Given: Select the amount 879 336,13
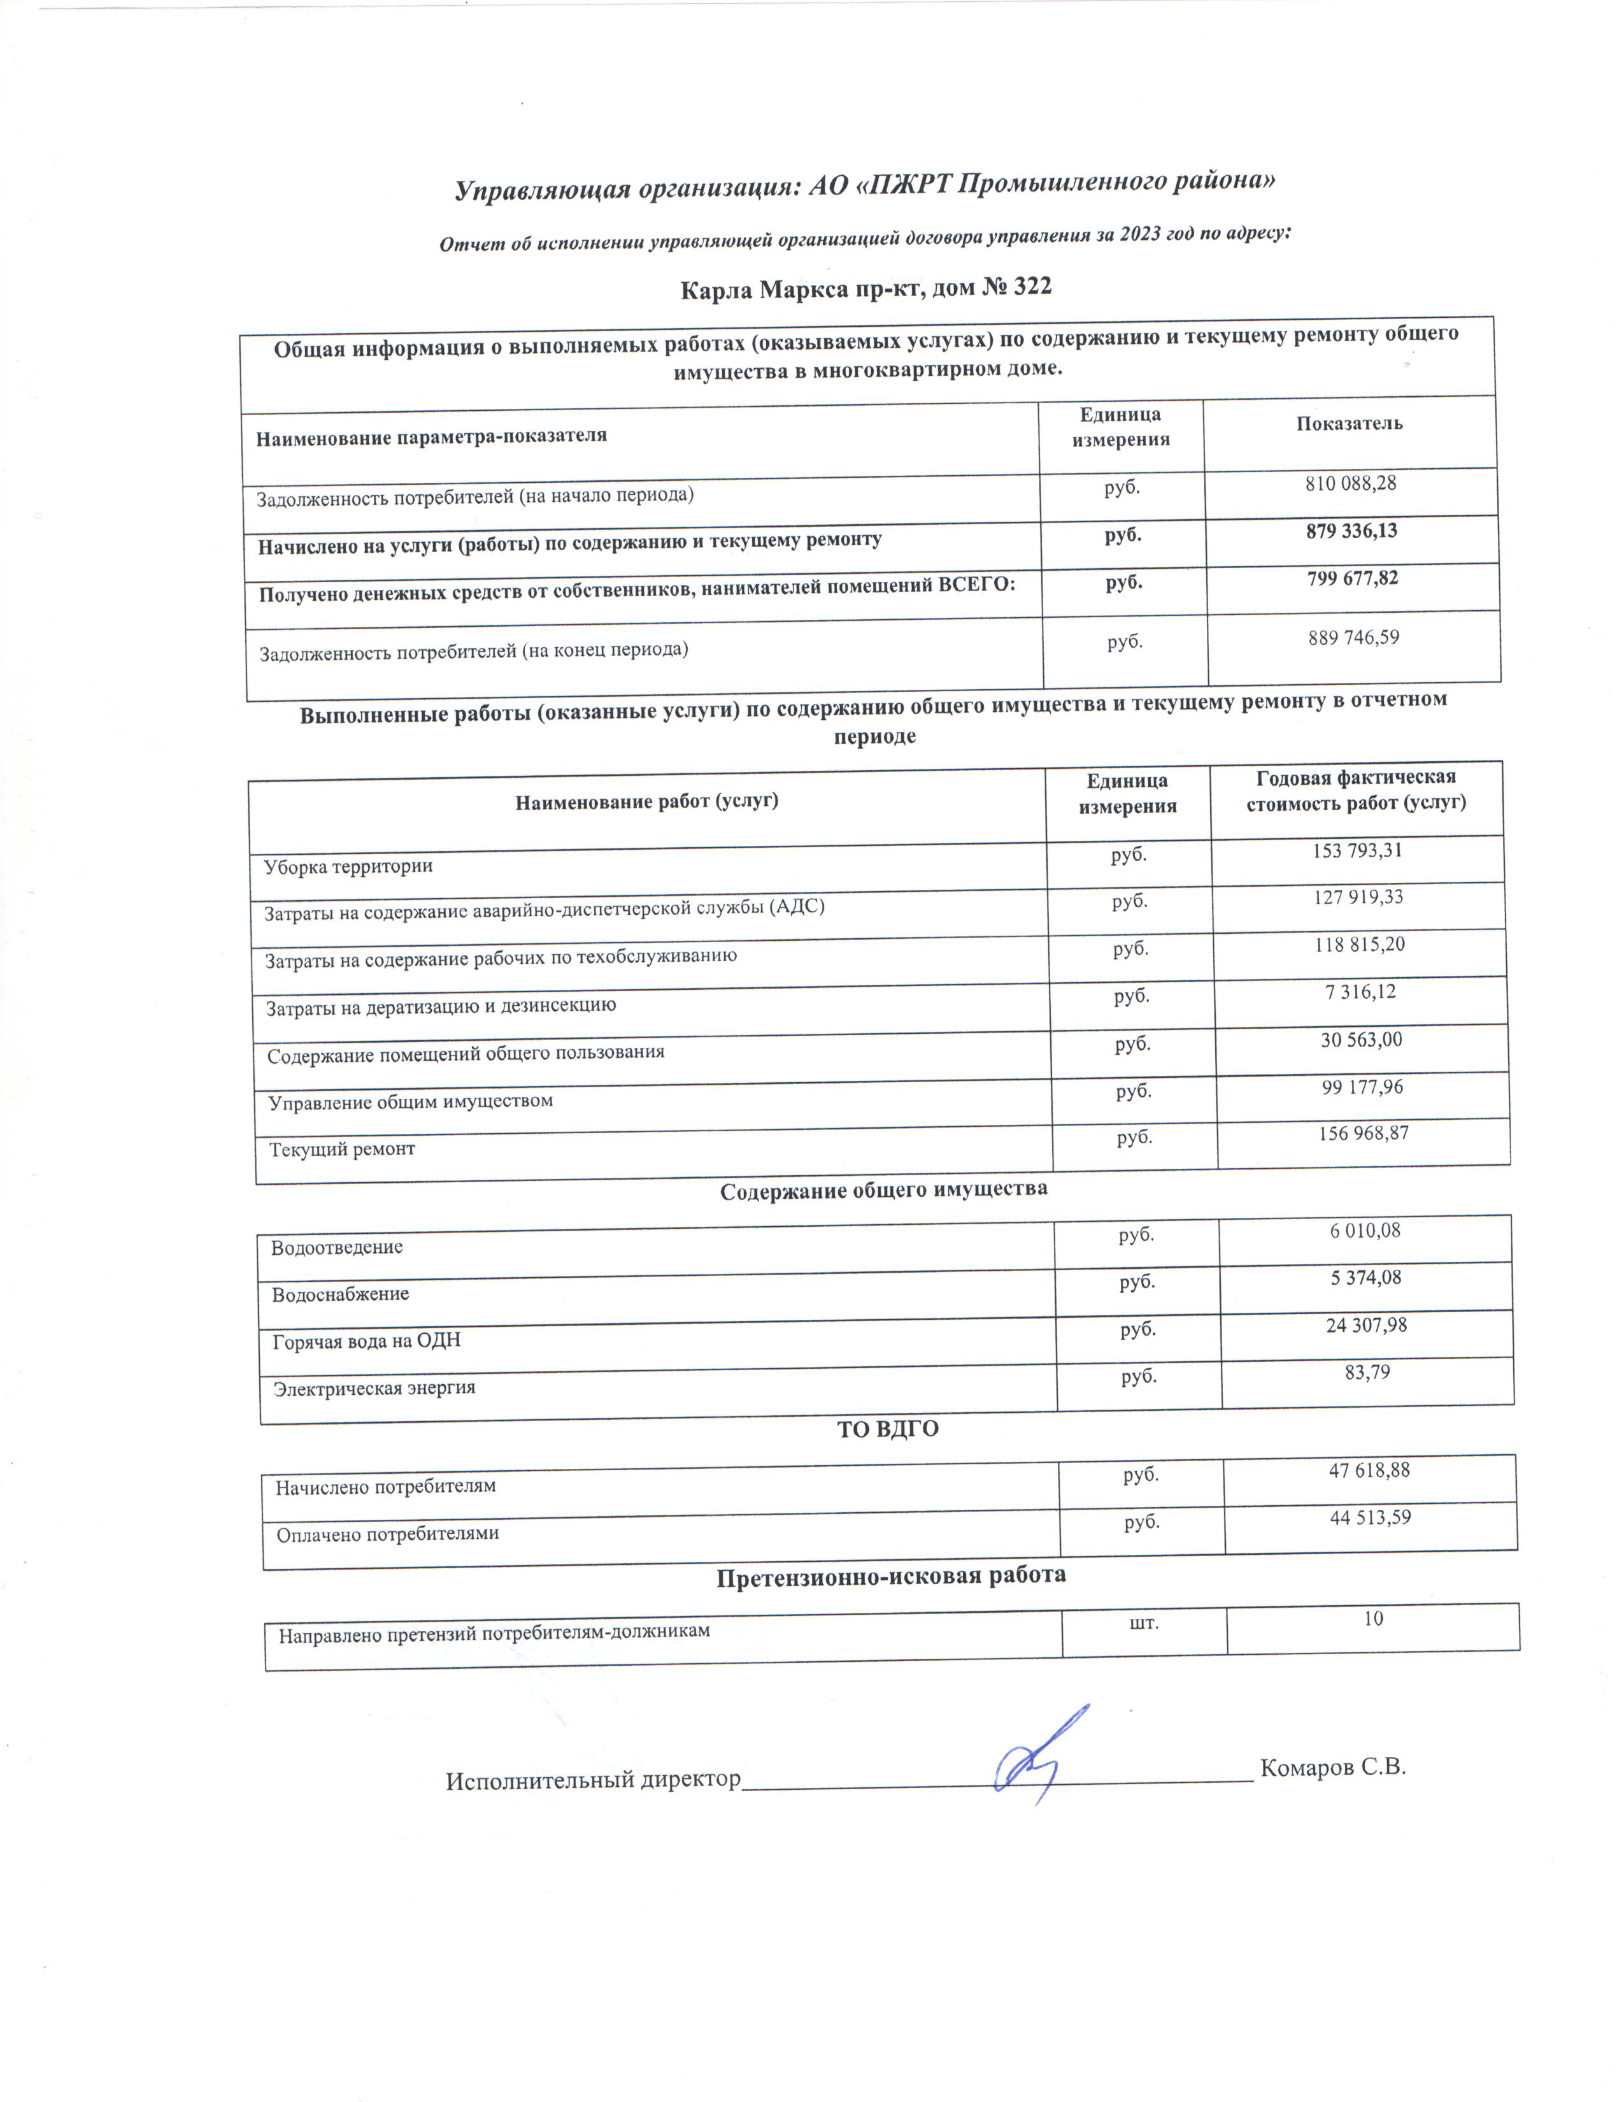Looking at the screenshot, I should click(1351, 531).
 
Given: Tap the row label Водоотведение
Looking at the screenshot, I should click(337, 1247).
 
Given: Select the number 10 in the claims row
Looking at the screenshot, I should click(1373, 1619).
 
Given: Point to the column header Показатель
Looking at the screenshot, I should click(1349, 424).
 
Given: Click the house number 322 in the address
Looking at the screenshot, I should click(1027, 287).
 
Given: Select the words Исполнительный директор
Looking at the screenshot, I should click(593, 1780).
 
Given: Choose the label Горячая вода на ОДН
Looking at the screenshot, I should click(367, 1341).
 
